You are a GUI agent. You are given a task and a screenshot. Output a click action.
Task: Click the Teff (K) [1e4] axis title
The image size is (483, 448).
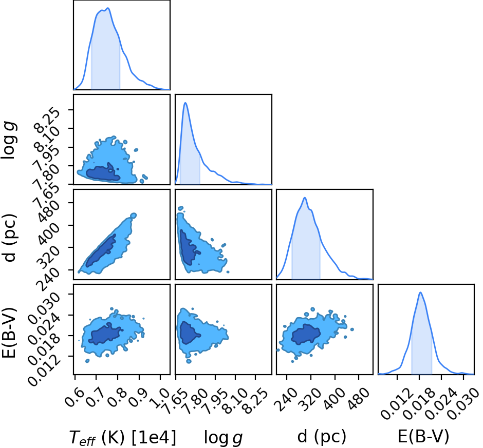tap(123, 437)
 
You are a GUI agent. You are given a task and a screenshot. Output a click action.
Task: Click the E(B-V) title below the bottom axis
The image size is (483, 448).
tap(423, 436)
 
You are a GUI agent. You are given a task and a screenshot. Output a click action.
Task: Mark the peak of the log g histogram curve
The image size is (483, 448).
tap(185, 103)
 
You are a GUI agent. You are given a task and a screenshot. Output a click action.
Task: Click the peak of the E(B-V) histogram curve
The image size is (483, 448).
tap(420, 293)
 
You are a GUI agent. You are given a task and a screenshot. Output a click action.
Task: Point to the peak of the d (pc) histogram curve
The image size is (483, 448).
tap(305, 198)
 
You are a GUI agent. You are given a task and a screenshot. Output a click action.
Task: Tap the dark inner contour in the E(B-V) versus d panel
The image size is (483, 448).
tap(306, 334)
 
